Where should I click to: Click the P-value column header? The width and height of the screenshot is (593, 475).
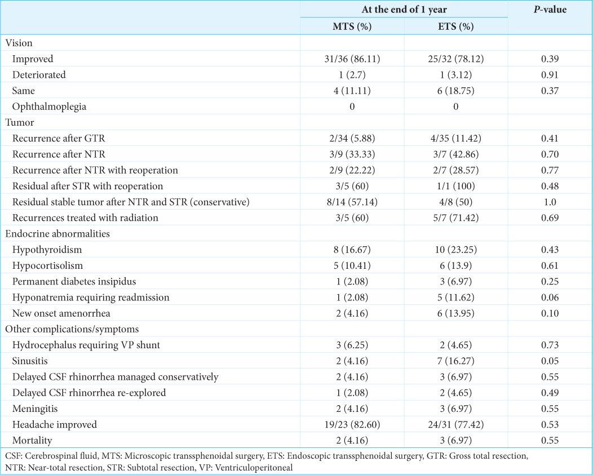(x=550, y=10)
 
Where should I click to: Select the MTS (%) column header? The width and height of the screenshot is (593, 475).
(x=352, y=26)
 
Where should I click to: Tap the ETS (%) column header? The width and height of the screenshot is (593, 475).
(x=455, y=26)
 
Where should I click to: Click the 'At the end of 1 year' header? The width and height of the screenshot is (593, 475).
(x=404, y=10)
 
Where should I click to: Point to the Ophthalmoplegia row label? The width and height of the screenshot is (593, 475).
(x=49, y=106)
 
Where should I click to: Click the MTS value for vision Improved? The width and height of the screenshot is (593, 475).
(x=352, y=59)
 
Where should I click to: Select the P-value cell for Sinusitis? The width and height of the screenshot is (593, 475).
(x=550, y=361)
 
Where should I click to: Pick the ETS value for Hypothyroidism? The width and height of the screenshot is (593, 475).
(x=455, y=250)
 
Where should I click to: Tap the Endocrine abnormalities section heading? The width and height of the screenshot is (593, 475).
(x=57, y=234)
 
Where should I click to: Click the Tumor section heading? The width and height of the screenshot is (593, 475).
(x=20, y=122)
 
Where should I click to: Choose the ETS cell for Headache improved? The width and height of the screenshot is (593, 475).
(x=455, y=424)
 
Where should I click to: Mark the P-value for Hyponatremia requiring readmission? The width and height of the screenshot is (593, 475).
(x=550, y=298)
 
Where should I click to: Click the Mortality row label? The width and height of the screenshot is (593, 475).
(x=32, y=441)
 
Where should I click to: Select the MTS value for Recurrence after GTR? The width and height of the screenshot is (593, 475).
(x=352, y=139)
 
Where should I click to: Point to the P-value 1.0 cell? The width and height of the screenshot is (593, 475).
(x=550, y=202)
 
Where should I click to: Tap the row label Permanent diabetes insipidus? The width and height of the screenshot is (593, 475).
(x=74, y=281)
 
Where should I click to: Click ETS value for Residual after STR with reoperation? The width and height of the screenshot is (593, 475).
(x=455, y=186)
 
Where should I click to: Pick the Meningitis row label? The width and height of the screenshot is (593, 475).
(x=35, y=409)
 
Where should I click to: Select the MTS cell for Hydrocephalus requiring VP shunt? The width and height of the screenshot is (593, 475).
(x=352, y=345)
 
